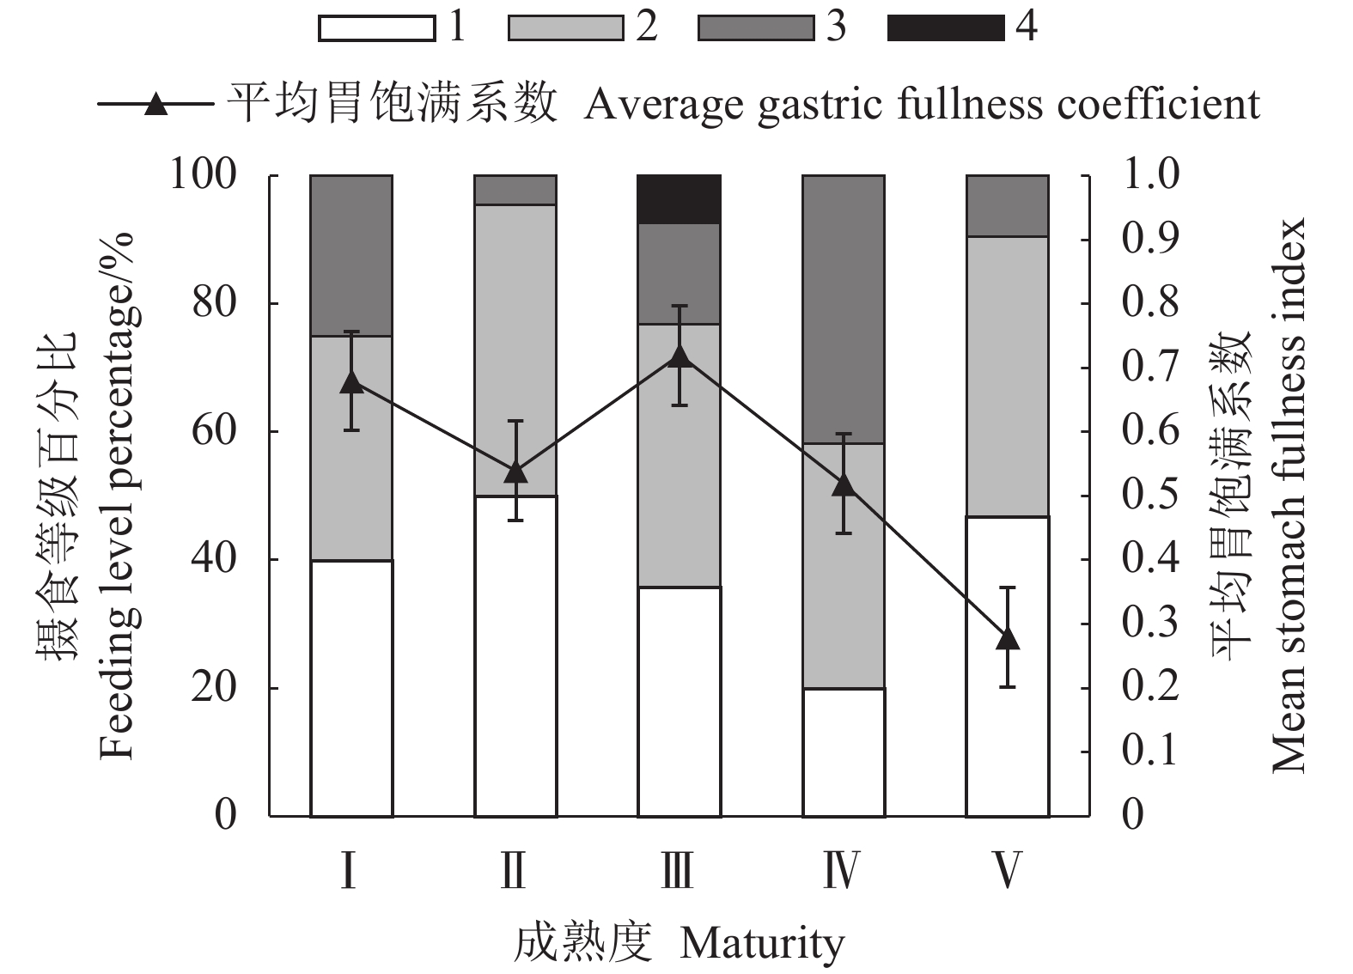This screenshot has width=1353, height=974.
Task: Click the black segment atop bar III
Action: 679,199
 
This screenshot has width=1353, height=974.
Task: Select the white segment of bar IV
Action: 844,752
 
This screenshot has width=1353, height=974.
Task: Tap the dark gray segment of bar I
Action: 351,255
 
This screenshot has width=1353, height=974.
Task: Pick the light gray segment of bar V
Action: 1008,376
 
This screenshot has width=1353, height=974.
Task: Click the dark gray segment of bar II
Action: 515,190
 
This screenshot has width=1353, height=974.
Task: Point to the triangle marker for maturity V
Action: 1008,639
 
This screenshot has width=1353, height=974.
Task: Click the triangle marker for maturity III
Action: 680,357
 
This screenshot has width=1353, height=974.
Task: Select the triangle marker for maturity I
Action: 351,382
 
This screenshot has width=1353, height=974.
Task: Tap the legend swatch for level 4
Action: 946,28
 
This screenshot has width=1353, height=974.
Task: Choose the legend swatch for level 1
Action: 376,28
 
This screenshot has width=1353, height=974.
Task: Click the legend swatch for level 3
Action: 756,28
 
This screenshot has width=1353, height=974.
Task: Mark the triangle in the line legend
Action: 155,105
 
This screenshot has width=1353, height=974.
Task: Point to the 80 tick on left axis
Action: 214,303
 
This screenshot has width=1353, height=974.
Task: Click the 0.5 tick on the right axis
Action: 1150,496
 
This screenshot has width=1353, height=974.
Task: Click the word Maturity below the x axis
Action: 762,944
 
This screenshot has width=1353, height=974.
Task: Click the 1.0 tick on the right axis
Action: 1150,175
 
